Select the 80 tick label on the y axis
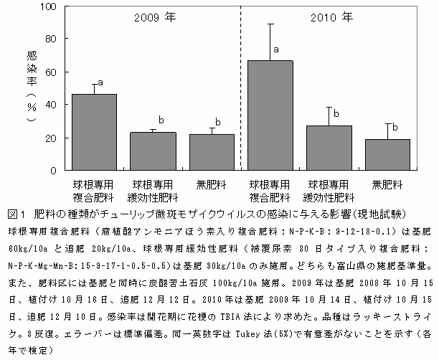[x=50, y=39]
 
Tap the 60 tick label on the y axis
[x=50, y=72]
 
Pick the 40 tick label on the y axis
[x=50, y=105]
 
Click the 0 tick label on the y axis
[x=53, y=171]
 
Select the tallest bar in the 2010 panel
[x=270, y=115]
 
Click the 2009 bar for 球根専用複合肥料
[x=95, y=132]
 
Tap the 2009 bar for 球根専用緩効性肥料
[x=154, y=151]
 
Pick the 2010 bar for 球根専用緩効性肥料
[x=329, y=148]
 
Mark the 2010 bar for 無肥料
[x=387, y=155]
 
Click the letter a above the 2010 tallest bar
[x=275, y=50]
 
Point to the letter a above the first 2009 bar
[x=100, y=82]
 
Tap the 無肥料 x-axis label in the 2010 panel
[x=387, y=184]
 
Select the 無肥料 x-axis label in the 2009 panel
[x=212, y=184]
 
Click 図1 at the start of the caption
[x=15, y=214]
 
